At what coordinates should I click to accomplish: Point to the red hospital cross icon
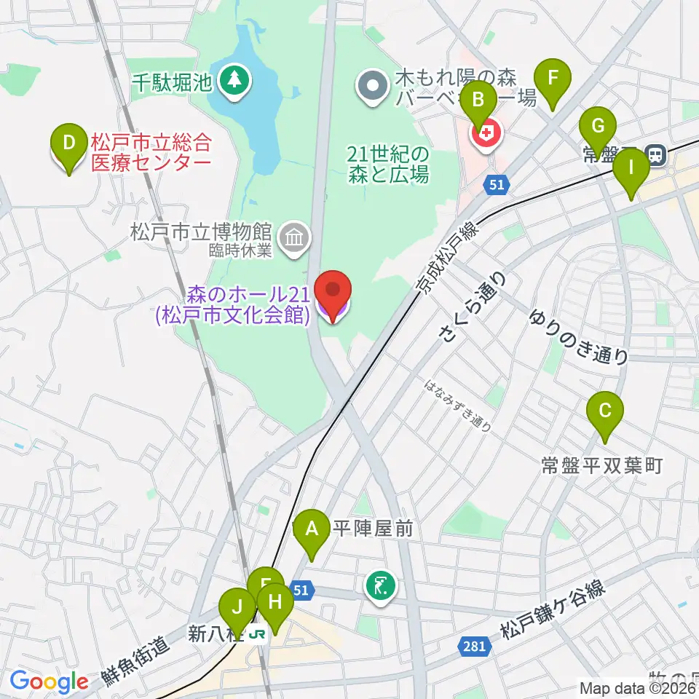(486, 134)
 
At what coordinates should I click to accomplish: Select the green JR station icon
(256, 634)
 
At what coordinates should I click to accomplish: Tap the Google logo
(48, 682)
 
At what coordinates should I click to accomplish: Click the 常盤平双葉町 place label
(601, 466)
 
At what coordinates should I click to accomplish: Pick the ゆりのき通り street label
(580, 336)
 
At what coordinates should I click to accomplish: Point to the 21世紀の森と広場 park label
(387, 165)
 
